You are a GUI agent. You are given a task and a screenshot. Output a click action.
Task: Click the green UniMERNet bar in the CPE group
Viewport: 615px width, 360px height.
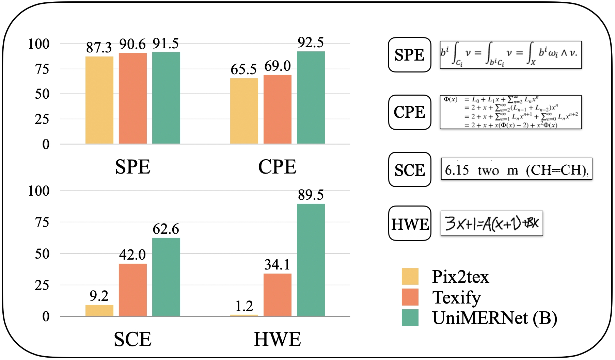[x=311, y=98]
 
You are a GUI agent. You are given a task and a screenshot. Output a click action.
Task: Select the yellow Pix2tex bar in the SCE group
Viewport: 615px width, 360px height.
[x=99, y=310]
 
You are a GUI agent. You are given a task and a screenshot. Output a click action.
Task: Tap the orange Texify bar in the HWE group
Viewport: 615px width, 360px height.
[x=277, y=295]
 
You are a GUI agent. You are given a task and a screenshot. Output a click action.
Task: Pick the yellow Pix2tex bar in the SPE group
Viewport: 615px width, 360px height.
[x=99, y=100]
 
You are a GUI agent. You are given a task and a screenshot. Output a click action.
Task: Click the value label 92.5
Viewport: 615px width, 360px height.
[x=311, y=43]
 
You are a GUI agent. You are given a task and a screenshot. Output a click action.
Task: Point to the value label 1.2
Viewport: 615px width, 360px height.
[x=244, y=306]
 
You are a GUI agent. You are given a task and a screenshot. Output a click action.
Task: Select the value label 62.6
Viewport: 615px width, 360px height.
[x=166, y=229]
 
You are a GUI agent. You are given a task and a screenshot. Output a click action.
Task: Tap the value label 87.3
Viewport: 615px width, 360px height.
[x=99, y=48]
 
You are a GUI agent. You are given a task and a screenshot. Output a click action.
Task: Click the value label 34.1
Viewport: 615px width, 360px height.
[x=277, y=265]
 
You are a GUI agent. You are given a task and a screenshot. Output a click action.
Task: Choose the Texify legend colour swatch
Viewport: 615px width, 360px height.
[x=410, y=297]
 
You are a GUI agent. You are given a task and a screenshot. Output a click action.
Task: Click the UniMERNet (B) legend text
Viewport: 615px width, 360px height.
[x=494, y=318]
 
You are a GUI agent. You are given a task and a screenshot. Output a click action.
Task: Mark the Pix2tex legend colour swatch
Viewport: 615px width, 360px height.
[x=410, y=276]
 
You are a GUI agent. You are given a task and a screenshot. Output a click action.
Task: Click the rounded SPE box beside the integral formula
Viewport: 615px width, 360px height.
[x=409, y=55]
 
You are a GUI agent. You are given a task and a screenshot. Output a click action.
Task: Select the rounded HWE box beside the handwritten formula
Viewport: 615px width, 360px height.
[x=410, y=224]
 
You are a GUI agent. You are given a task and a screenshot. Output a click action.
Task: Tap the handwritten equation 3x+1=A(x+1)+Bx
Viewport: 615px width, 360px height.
[x=492, y=223]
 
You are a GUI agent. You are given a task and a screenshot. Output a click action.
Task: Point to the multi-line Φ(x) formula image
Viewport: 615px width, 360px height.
[x=510, y=112]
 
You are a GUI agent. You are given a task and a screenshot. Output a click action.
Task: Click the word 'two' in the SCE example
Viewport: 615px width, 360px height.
[x=488, y=170]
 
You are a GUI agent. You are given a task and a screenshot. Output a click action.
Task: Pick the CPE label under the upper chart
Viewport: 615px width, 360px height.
[x=277, y=167]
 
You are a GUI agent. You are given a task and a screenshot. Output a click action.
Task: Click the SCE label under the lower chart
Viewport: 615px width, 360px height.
[x=132, y=339]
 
